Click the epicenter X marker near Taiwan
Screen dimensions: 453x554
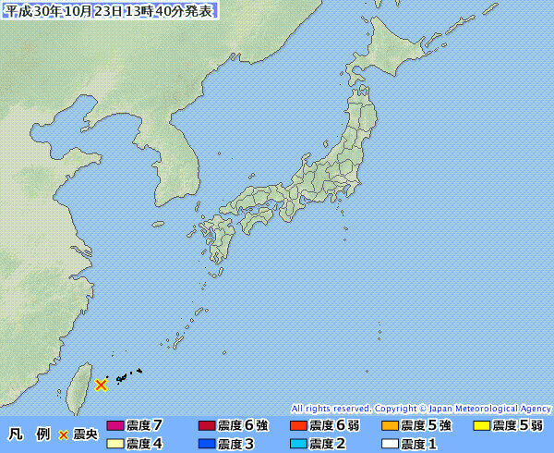pos(101,384)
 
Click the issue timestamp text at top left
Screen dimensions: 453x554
pos(111,11)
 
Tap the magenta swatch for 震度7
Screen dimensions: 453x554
pos(115,426)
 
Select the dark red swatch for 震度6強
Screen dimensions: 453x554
pos(207,426)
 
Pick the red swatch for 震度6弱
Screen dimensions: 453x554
pos(298,426)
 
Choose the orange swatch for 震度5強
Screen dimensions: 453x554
pos(390,426)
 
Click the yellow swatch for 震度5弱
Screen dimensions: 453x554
pos(481,426)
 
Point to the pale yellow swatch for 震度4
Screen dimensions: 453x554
pos(115,444)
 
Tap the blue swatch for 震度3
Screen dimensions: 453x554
pos(207,444)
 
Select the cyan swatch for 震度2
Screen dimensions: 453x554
pos(298,444)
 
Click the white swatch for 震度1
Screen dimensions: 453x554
pos(390,444)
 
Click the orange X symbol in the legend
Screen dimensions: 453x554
pos(64,435)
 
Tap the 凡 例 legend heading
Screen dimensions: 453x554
pos(29,435)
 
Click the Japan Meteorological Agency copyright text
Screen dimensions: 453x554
pos(421,408)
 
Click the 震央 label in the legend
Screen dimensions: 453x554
pos(85,435)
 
